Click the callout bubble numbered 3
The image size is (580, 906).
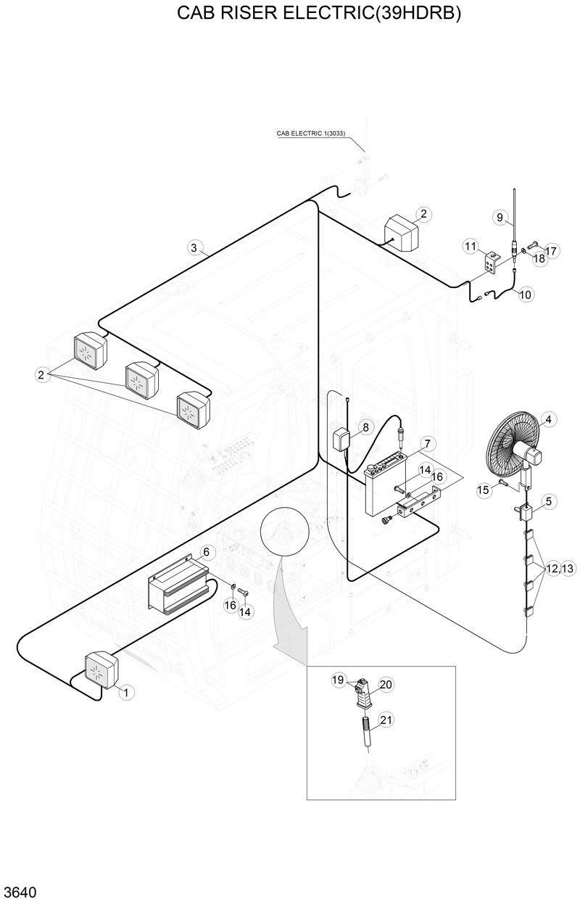pyautogui.click(x=194, y=248)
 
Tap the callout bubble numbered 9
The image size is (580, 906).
pyautogui.click(x=500, y=217)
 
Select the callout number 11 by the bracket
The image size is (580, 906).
pyautogui.click(x=471, y=247)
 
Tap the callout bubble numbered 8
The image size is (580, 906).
pyautogui.click(x=365, y=428)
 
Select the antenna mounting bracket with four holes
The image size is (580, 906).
pyautogui.click(x=492, y=264)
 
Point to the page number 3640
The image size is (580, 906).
pyautogui.click(x=20, y=891)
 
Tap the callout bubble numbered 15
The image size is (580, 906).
pyautogui.click(x=482, y=490)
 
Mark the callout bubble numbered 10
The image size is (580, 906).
pyautogui.click(x=526, y=295)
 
